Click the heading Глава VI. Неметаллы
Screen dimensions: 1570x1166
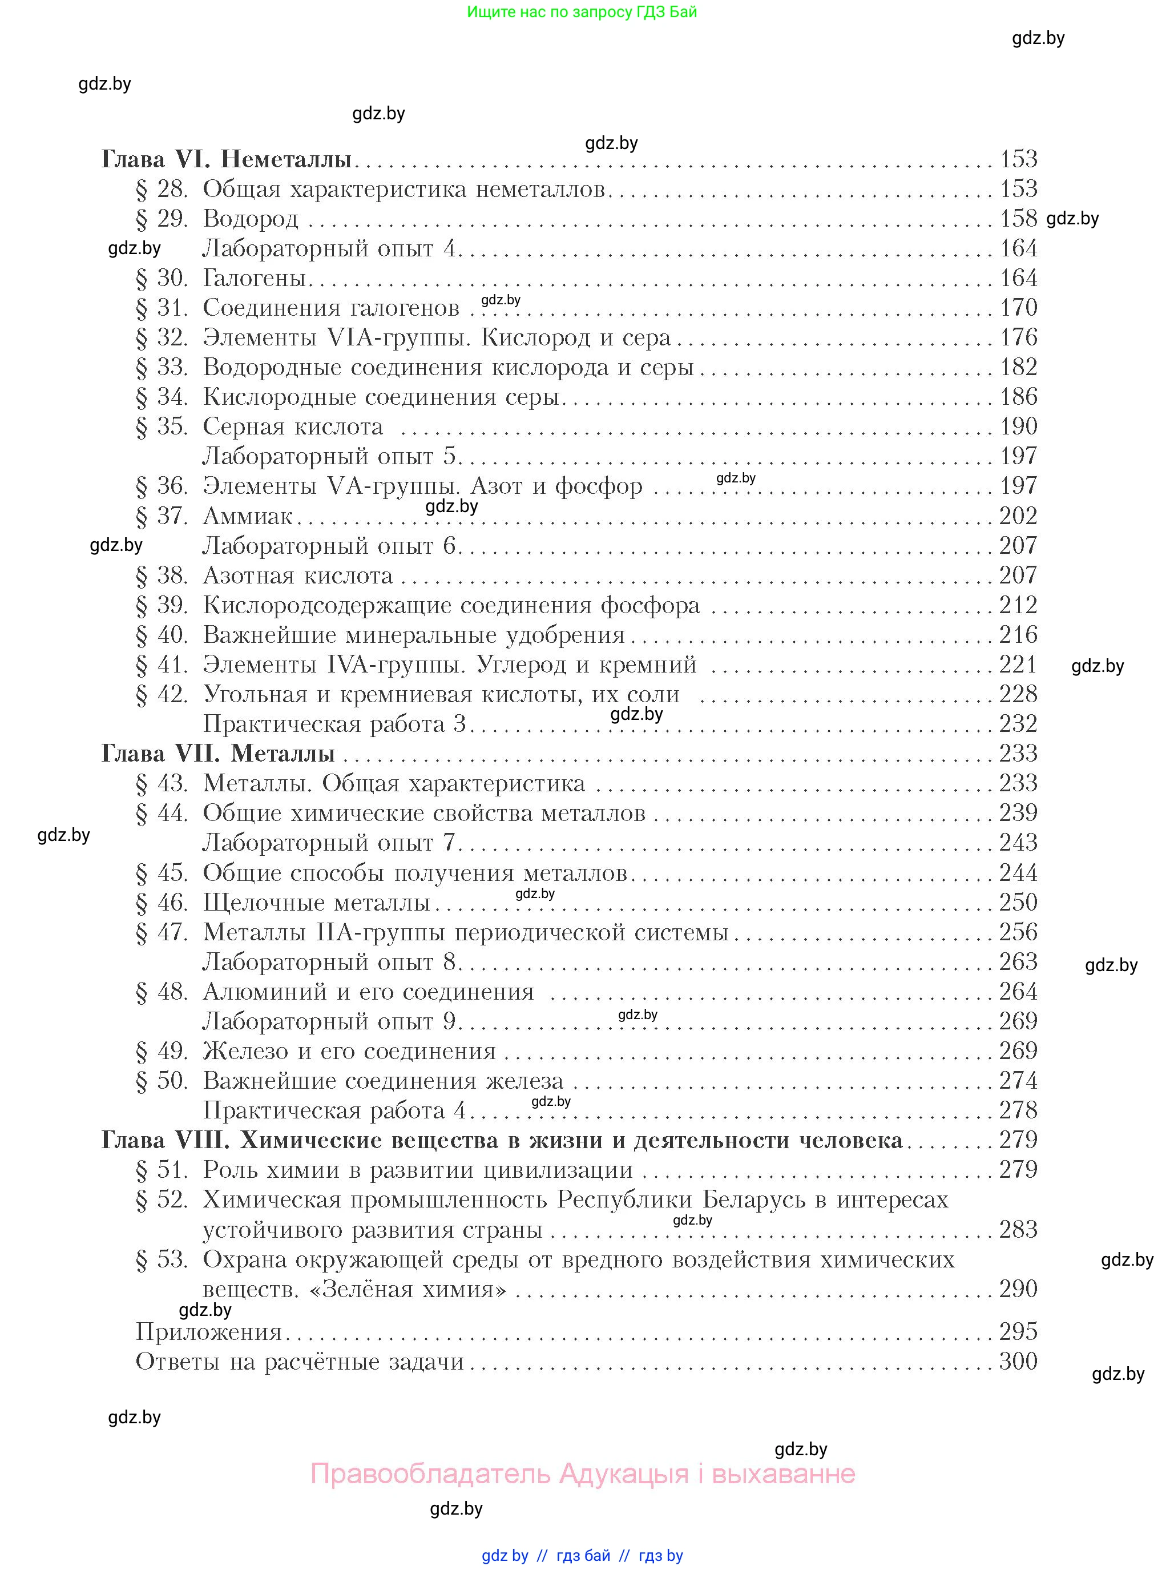[226, 159]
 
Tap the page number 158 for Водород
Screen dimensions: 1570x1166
[1018, 219]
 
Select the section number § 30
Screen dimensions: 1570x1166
[162, 278]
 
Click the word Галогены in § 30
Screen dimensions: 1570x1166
[254, 278]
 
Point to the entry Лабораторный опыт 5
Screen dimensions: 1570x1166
[331, 457]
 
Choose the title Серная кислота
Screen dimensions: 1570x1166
[293, 427]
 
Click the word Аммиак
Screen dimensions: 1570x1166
[248, 516]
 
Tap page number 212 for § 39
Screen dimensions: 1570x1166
[1018, 605]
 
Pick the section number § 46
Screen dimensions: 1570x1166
[162, 903]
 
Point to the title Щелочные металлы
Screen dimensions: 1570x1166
[317, 903]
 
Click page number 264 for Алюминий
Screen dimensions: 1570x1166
[1018, 992]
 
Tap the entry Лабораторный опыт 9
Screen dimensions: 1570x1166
[331, 1021]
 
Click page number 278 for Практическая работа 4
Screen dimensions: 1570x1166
[1018, 1110]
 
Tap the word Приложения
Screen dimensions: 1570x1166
[209, 1332]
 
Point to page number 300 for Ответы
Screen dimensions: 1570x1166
[1018, 1361]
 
